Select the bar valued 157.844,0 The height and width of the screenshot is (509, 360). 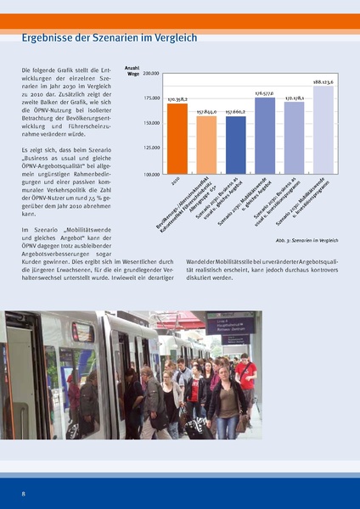(206, 145)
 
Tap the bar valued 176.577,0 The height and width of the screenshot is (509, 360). (265, 136)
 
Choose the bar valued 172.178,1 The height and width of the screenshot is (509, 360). (294, 138)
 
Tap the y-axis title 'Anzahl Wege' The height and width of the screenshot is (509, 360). (132, 70)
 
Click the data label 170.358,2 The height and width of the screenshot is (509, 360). (177, 100)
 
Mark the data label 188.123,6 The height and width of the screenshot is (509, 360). (323, 81)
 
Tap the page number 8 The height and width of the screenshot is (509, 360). (24, 492)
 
